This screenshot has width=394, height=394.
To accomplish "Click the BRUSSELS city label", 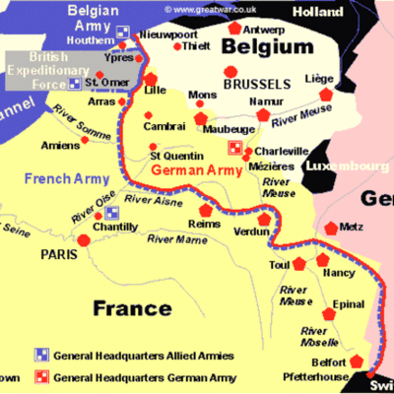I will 257,85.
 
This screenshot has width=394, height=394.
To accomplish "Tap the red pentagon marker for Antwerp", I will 233,29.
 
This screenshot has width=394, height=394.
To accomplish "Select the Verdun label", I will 250,232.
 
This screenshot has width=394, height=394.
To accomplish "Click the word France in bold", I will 135,308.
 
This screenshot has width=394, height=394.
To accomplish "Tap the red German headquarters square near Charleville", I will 234,149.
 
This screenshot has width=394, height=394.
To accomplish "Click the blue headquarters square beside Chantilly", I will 112,212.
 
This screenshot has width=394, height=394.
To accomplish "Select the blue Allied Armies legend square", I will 40,353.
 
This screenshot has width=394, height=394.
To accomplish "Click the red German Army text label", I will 198,170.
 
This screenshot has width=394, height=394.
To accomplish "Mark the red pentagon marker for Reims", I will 206,211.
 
